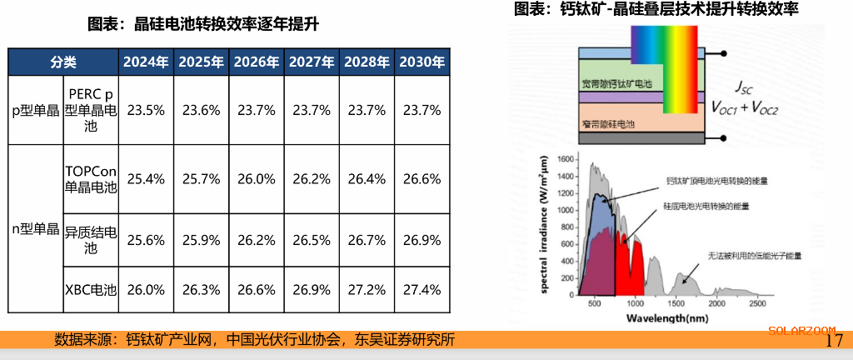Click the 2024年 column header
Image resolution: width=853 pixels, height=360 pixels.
(146, 62)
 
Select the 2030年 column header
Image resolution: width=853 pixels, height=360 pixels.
(421, 62)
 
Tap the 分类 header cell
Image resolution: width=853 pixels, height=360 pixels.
(63, 62)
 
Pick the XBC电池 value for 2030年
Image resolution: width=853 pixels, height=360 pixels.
(421, 290)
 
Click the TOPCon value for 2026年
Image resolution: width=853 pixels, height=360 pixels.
(256, 178)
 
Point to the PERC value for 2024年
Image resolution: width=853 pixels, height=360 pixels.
(146, 110)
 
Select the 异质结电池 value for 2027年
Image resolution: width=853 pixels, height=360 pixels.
(311, 240)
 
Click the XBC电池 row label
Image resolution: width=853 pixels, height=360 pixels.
(91, 290)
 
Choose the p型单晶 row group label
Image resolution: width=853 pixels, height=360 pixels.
(35, 110)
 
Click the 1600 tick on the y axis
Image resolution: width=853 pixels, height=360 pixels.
(566, 159)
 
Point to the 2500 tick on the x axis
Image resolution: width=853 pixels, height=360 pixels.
(756, 306)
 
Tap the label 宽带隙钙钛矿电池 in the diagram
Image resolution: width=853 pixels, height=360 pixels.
(617, 84)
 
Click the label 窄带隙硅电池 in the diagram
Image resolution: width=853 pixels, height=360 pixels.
(609, 123)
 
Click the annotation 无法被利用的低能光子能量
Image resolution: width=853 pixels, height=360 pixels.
(755, 256)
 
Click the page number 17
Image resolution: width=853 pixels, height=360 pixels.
(834, 341)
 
